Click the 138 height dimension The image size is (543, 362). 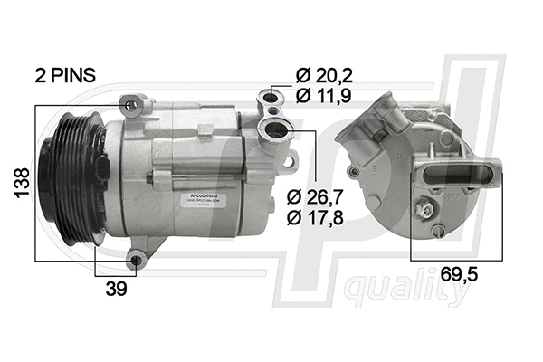tap(19, 183)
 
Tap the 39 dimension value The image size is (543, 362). tap(116, 289)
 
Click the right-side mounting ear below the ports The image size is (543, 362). tap(290, 163)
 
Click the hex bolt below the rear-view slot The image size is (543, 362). tap(422, 209)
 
